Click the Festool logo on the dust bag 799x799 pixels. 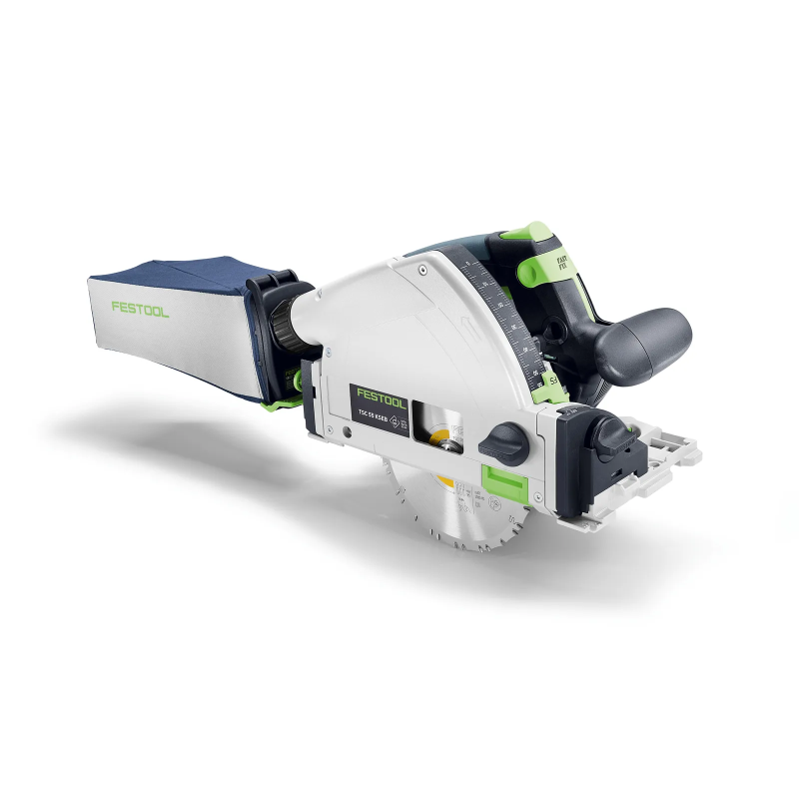coord(141,309)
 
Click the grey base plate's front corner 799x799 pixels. coord(689,455)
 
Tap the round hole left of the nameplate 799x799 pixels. coord(344,432)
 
